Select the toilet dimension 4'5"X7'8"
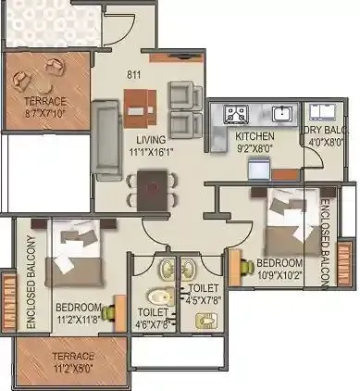point(203,299)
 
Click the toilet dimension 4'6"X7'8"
point(154,324)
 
